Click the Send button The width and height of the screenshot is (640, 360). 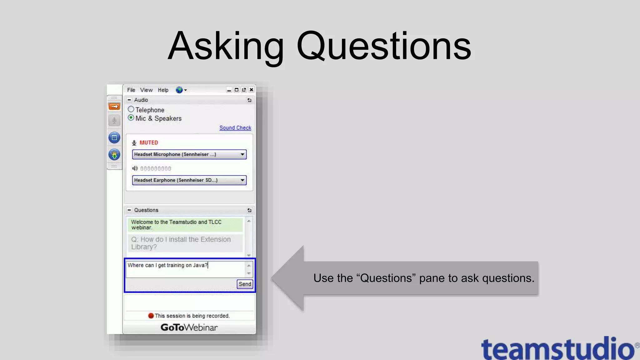245,284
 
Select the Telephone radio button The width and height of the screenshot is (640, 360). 131,109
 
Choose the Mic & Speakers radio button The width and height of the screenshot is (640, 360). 131,118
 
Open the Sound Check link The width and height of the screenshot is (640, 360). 235,128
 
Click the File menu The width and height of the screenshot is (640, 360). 131,90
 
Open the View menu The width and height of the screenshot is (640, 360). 146,90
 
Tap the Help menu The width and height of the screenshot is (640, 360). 163,90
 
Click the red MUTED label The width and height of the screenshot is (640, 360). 149,142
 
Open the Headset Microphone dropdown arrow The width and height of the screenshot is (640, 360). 242,154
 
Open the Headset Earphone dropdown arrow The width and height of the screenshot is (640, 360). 242,180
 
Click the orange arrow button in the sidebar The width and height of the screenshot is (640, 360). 114,107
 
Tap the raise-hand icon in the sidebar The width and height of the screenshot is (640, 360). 114,154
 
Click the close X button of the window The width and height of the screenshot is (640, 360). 251,90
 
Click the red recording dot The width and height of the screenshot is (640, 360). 151,316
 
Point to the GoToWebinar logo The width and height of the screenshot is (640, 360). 189,327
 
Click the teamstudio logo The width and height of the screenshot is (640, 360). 558,348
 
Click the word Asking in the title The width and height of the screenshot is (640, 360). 226,46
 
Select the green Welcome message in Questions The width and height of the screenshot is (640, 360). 185,225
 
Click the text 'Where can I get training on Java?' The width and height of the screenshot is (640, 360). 167,265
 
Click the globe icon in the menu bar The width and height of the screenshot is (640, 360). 179,90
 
